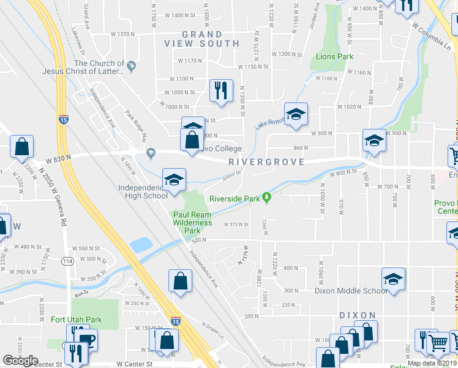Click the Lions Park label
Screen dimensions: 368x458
[x=334, y=56]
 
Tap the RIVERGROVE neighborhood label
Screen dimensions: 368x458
[x=266, y=162]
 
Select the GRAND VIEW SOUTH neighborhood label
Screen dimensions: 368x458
[x=202, y=39]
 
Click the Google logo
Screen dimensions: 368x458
[x=20, y=360]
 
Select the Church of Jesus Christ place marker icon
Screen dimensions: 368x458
[x=131, y=63]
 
